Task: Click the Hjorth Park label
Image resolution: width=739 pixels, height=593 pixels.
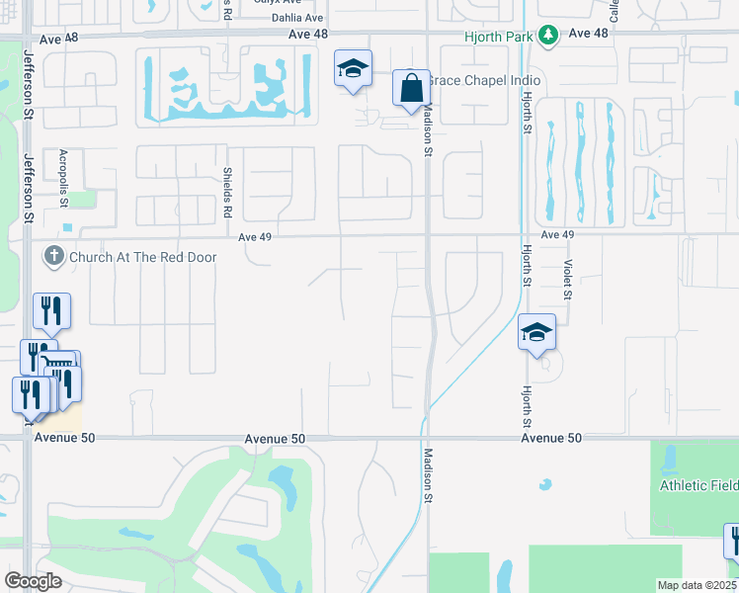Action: tap(499, 37)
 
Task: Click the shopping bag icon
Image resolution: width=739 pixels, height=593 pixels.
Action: tap(410, 89)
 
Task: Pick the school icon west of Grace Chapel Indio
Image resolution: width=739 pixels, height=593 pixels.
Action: tap(353, 69)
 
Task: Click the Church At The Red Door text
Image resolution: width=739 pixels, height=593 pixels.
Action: tap(142, 258)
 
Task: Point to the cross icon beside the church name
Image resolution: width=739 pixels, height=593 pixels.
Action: tap(53, 258)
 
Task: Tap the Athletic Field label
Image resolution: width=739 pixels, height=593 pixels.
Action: tap(698, 485)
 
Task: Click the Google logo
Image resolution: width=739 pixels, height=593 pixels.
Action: tap(33, 581)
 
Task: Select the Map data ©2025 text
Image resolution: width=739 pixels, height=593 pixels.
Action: tap(698, 585)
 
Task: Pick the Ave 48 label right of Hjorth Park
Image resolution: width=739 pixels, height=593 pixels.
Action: tap(590, 33)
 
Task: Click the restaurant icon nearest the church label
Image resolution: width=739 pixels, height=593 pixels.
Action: tap(50, 310)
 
